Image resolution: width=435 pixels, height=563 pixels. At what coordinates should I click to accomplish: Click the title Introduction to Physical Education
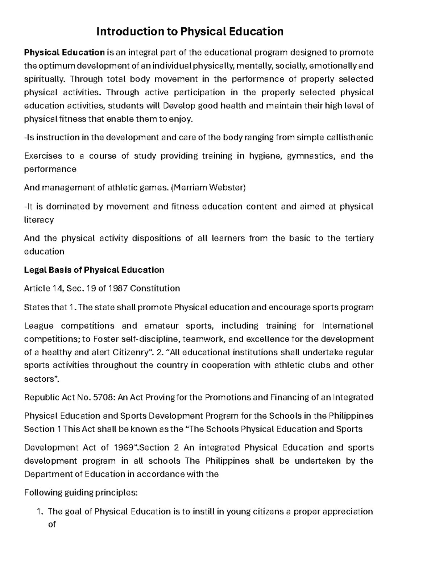click(190, 32)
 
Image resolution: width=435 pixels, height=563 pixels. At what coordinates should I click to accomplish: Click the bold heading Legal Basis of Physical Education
click(94, 270)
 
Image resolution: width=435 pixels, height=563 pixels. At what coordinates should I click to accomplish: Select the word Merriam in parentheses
click(191, 188)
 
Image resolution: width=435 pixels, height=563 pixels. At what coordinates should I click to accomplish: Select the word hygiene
click(265, 156)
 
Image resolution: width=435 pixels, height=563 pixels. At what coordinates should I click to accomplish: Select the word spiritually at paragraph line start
click(45, 79)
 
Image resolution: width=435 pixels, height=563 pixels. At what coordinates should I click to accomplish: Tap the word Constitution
click(155, 289)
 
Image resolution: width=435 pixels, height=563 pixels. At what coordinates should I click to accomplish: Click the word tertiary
click(359, 239)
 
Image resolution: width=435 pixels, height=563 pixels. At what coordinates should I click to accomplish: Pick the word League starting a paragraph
click(38, 326)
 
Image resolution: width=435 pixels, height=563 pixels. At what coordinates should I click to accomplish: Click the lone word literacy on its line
click(38, 220)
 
